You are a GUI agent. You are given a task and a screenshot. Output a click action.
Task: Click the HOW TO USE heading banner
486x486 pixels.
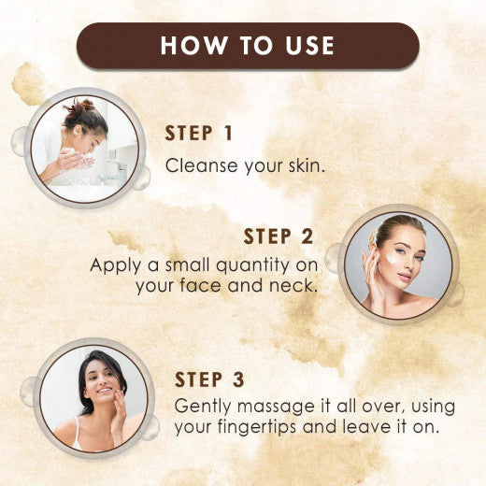tap(248, 46)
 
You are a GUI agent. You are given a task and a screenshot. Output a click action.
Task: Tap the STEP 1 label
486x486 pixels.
tap(199, 134)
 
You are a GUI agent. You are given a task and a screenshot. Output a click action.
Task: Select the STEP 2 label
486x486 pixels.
tap(279, 236)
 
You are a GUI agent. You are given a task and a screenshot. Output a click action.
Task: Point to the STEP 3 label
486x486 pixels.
tap(212, 379)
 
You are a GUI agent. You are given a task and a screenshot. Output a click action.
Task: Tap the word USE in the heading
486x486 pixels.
tap(305, 46)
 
